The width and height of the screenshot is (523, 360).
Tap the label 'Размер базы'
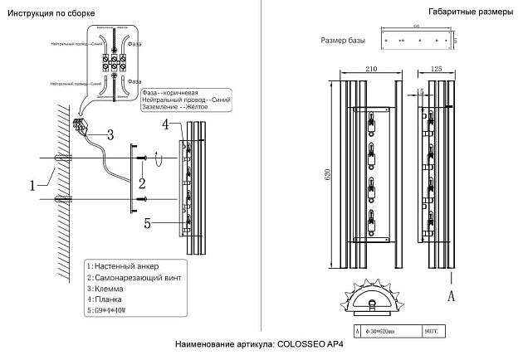[342, 41]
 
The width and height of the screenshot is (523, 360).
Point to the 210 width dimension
[371, 69]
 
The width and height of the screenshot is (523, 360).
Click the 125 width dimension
[435, 69]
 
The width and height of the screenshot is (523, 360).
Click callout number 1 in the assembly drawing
[34, 185]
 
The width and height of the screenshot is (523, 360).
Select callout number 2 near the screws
[143, 182]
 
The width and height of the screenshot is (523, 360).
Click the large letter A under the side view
[451, 294]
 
